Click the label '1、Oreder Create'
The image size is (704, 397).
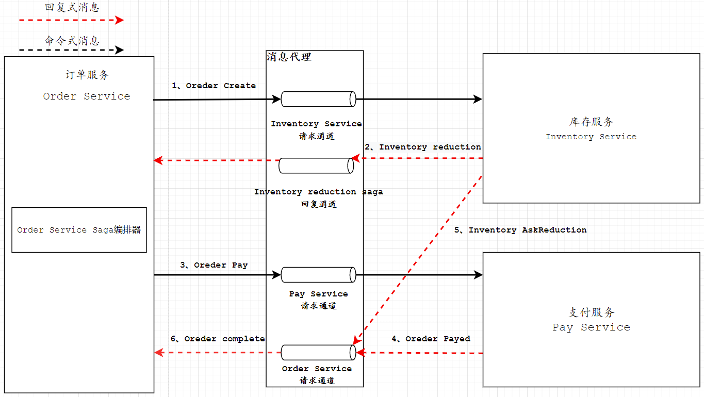coord(214,86)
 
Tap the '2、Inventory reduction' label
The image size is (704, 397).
coord(423,147)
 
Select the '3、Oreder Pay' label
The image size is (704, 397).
coord(214,265)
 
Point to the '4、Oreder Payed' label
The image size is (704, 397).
coord(431,339)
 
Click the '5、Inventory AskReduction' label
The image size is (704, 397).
coord(520,230)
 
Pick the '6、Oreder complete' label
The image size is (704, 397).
coord(218,339)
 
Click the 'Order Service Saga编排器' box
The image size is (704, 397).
coord(79,230)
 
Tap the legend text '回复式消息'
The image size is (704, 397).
coord(72,7)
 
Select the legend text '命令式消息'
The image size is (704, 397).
coord(72,41)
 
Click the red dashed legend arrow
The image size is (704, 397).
coord(71,20)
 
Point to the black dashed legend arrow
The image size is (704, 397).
coord(71,50)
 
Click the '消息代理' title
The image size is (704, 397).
coord(289,57)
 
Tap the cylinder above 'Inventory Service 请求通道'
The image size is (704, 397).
coord(318,99)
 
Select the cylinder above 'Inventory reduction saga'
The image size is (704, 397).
coord(316,166)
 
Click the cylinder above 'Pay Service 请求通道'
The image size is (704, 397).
coord(318,275)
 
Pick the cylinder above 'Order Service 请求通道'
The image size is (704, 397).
coord(318,353)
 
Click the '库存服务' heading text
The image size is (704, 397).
coord(591,122)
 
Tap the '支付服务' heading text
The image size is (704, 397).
coord(591,312)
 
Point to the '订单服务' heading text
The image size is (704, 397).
coord(87,75)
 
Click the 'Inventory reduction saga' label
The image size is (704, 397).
coord(318,192)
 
